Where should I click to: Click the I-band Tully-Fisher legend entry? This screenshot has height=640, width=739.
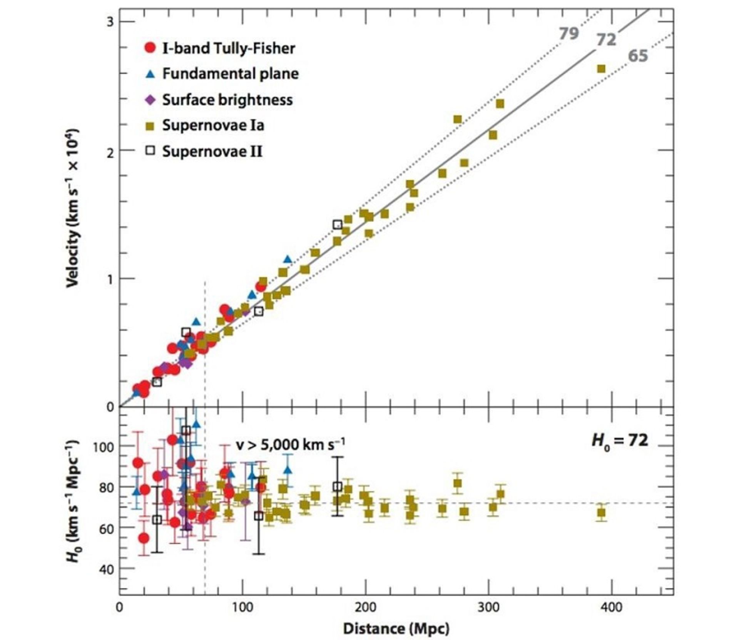(220, 48)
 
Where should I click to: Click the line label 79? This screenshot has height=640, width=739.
(569, 34)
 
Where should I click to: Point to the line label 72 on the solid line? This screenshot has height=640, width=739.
(606, 40)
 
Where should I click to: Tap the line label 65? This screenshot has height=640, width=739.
(638, 56)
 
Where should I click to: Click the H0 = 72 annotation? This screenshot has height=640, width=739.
(620, 440)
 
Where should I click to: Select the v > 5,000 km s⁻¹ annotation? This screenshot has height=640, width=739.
(290, 444)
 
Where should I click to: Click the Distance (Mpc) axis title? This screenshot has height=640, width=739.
(396, 629)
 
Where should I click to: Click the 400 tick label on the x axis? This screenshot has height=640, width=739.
(611, 608)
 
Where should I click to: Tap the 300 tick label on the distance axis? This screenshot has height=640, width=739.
(488, 608)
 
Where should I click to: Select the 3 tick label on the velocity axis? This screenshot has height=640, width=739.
(110, 22)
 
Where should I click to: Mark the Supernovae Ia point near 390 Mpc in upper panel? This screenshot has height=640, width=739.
(601, 69)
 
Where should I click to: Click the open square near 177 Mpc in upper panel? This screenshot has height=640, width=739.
(338, 225)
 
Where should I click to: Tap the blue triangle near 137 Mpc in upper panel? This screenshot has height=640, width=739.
(288, 259)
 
